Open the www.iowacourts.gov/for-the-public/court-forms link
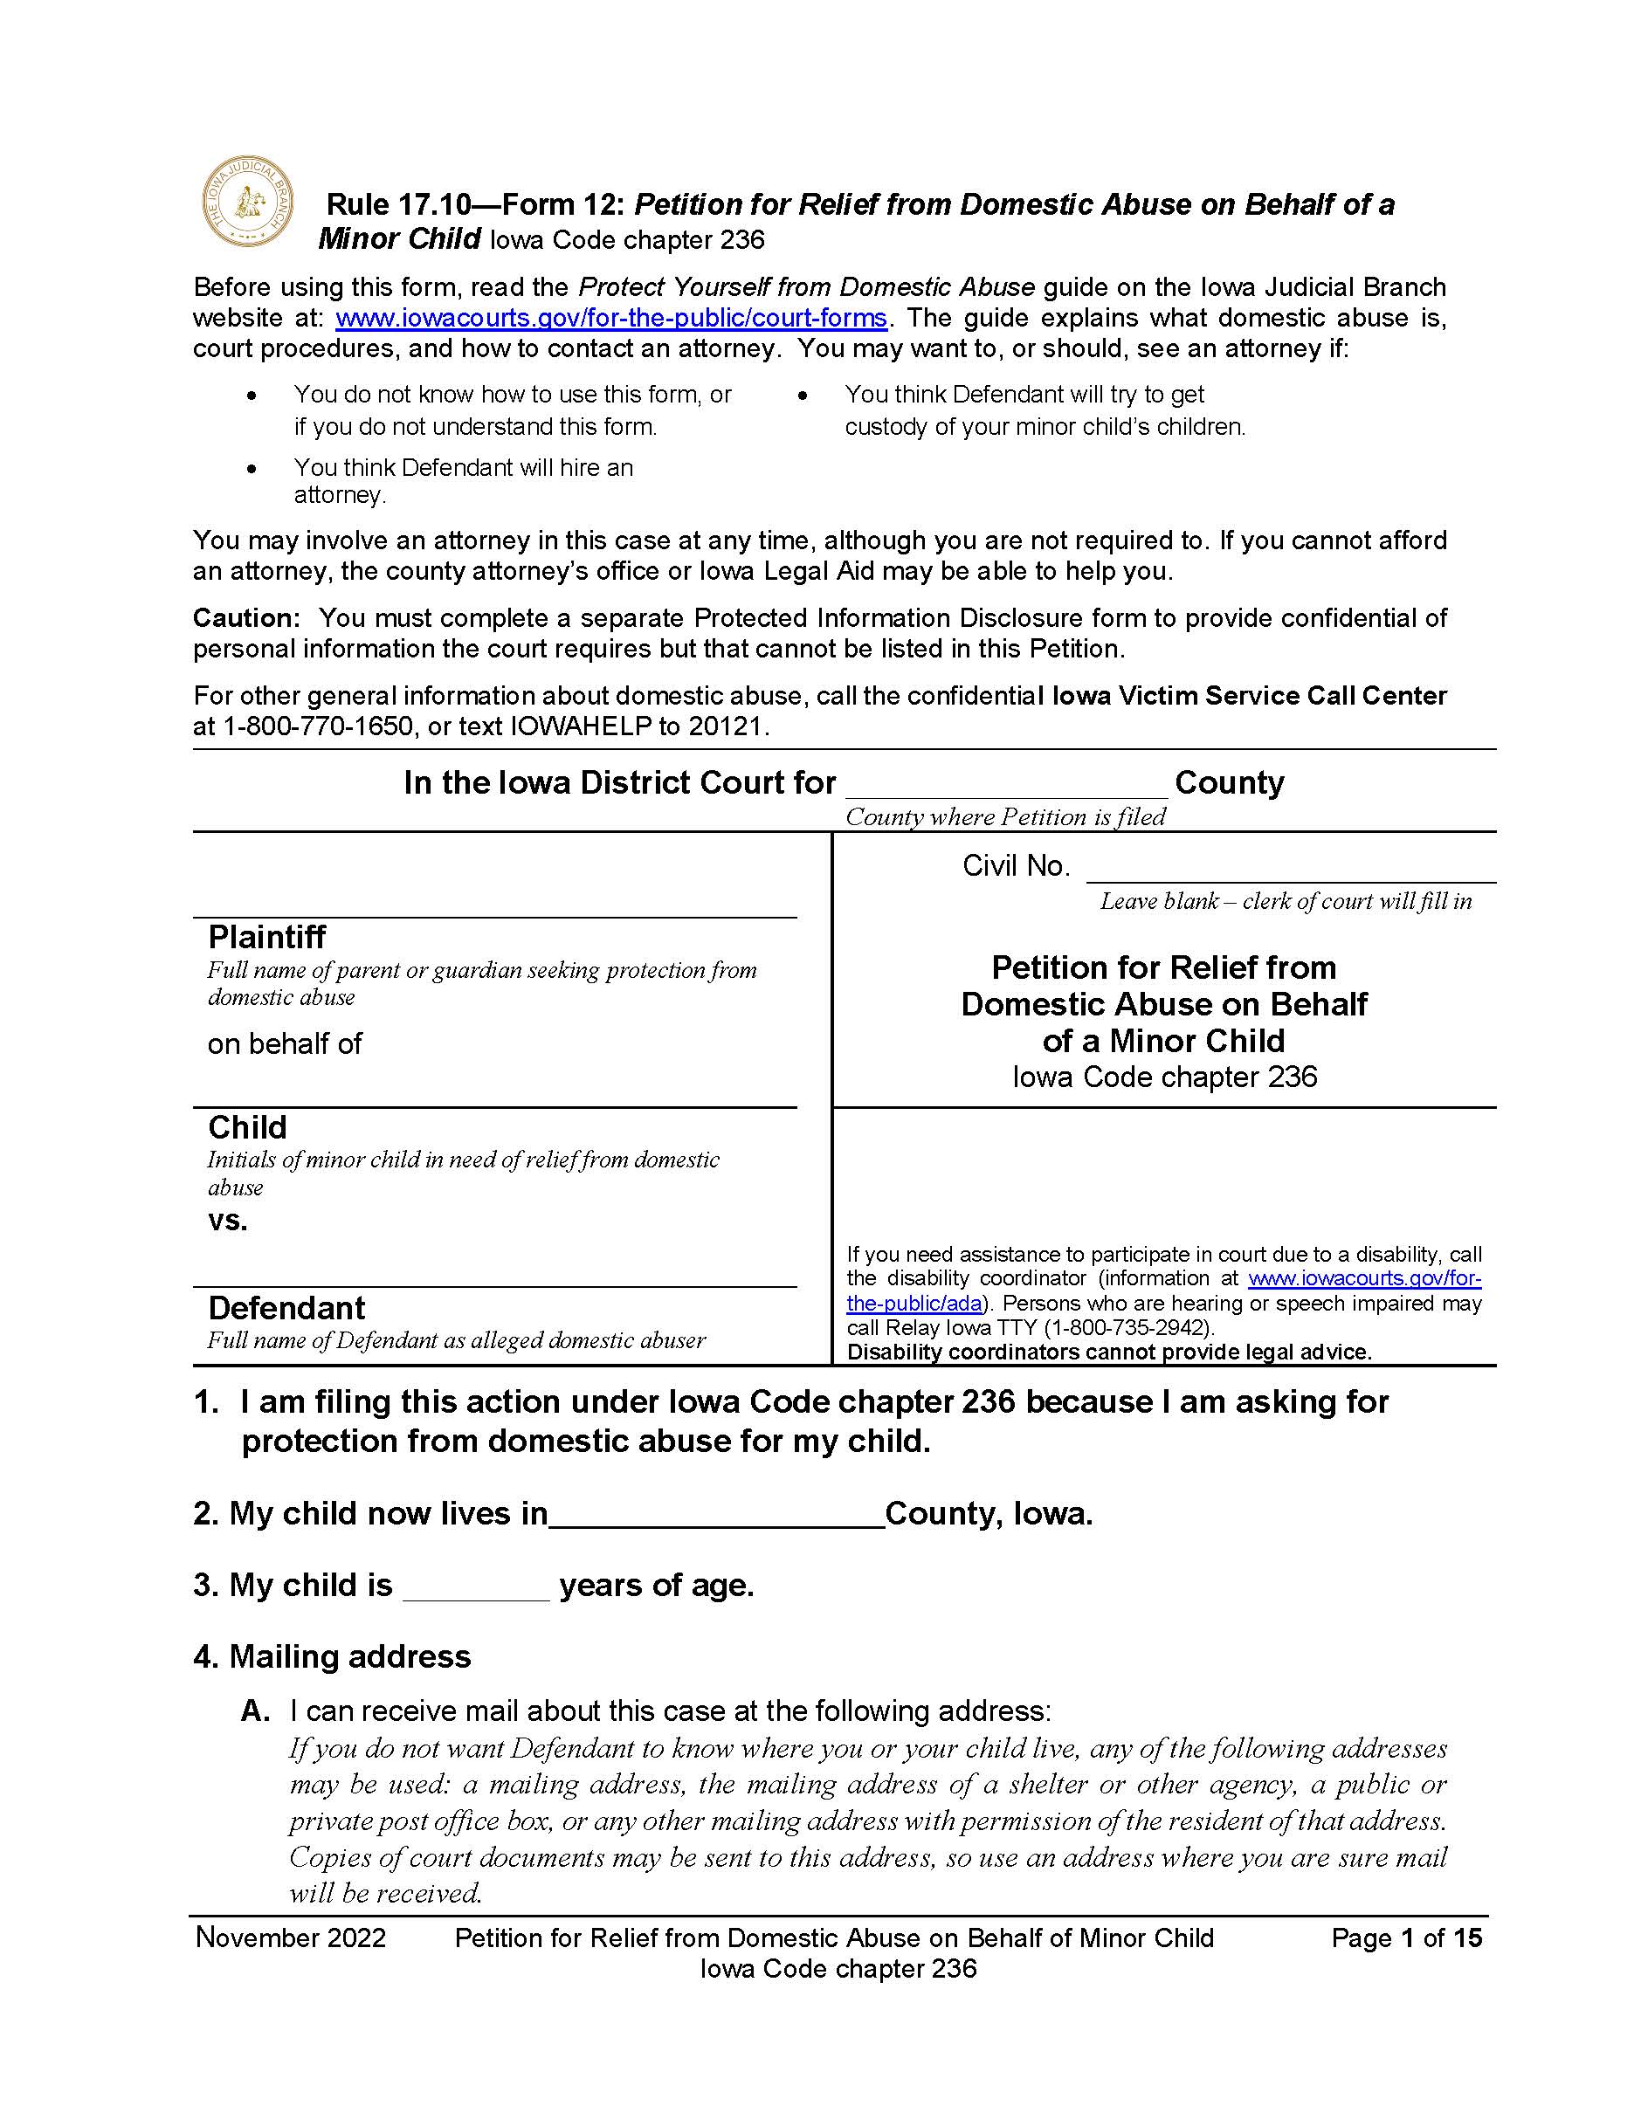(610, 319)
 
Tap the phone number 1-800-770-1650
(318, 726)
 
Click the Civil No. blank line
(1290, 870)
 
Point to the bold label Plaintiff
(267, 937)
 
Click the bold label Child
(248, 1127)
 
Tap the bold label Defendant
(286, 1308)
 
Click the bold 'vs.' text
(227, 1221)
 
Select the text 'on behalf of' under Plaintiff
(285, 1044)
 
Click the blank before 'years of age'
(475, 1588)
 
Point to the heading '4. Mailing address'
(332, 1656)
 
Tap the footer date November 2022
(290, 1937)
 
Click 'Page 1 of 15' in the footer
(1406, 1937)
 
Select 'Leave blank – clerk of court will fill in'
(1286, 902)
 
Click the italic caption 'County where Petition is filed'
(1005, 817)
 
